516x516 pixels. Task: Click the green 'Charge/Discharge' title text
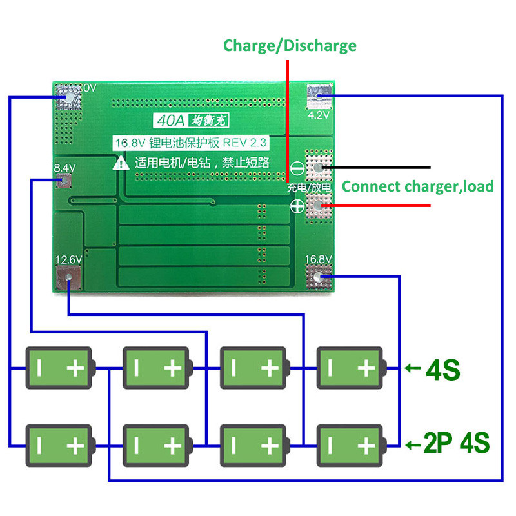(x=290, y=45)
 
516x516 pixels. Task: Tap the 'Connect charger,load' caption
(x=417, y=186)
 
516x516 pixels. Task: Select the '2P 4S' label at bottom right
(x=457, y=444)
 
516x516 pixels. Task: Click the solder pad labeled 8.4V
(x=64, y=180)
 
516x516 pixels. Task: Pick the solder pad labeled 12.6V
(x=68, y=278)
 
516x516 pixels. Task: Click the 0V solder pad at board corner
(x=68, y=96)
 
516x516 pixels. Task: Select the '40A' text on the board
(x=165, y=121)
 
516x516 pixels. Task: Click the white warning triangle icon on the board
(x=121, y=164)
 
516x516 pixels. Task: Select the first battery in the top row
(x=59, y=368)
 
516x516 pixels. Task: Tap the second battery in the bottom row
(x=156, y=444)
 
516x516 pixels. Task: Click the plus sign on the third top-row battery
(x=269, y=368)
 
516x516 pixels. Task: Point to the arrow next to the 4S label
(x=413, y=369)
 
